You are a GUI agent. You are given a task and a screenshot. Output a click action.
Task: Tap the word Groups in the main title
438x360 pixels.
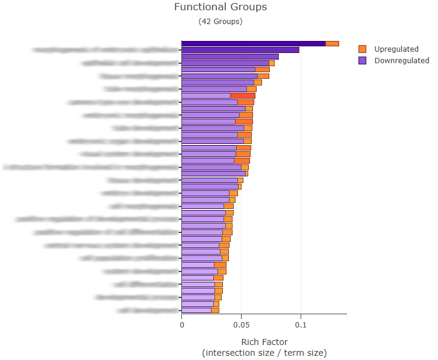[x=248, y=7]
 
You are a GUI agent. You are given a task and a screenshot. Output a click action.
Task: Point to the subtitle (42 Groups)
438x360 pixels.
[x=220, y=21]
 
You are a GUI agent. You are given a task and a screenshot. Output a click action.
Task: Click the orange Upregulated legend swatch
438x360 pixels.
[x=362, y=49]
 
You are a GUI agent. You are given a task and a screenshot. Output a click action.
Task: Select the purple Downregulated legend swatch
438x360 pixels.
[x=362, y=60]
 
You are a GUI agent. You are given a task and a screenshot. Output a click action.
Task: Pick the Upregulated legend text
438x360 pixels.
[x=396, y=49]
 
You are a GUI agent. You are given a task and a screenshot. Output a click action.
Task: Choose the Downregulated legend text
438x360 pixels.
[x=402, y=60]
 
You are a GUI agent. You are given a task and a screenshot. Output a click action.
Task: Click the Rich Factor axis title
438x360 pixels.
[x=264, y=342]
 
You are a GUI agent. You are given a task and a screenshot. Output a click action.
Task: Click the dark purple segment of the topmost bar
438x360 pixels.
[x=253, y=43]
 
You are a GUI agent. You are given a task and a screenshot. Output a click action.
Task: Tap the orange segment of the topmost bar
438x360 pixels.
[x=332, y=43]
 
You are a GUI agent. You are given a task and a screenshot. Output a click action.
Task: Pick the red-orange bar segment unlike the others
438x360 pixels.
[x=243, y=96]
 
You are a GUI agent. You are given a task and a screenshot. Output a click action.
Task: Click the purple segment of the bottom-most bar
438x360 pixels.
[x=196, y=311]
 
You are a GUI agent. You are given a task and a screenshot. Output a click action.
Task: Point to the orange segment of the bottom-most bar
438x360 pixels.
[x=215, y=311]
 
